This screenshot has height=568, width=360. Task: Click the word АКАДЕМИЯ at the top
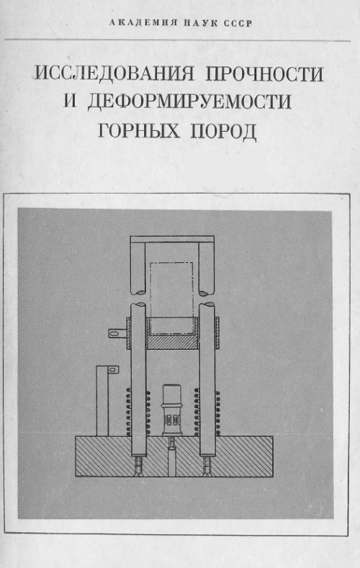coord(143,24)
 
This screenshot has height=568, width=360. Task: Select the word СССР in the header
coord(238,24)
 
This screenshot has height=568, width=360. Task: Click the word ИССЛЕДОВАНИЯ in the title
coord(114,74)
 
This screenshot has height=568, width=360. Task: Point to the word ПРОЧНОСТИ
coord(264,74)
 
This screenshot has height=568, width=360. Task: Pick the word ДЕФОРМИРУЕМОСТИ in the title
coord(189,102)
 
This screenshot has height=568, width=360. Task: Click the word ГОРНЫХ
coord(139,130)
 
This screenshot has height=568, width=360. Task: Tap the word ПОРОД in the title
coord(223,131)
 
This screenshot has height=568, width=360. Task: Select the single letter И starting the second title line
coord(71,101)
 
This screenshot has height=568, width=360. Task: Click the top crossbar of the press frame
coord(172,239)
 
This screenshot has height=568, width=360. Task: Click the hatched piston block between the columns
coord(172,342)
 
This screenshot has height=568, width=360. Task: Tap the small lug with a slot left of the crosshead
coord(117,333)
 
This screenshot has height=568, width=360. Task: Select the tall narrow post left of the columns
coord(102,401)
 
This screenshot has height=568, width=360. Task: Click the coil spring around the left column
coord(138,412)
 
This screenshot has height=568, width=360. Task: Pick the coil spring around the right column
coord(207,412)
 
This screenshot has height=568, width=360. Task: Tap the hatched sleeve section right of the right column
coord(217,333)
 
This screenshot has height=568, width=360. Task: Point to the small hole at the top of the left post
coord(112,369)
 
